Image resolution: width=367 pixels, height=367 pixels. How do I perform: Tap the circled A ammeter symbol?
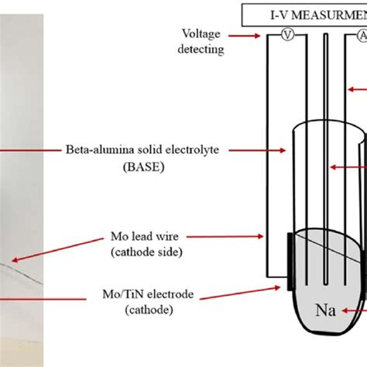361,36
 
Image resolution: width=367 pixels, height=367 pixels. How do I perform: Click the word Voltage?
203,34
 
